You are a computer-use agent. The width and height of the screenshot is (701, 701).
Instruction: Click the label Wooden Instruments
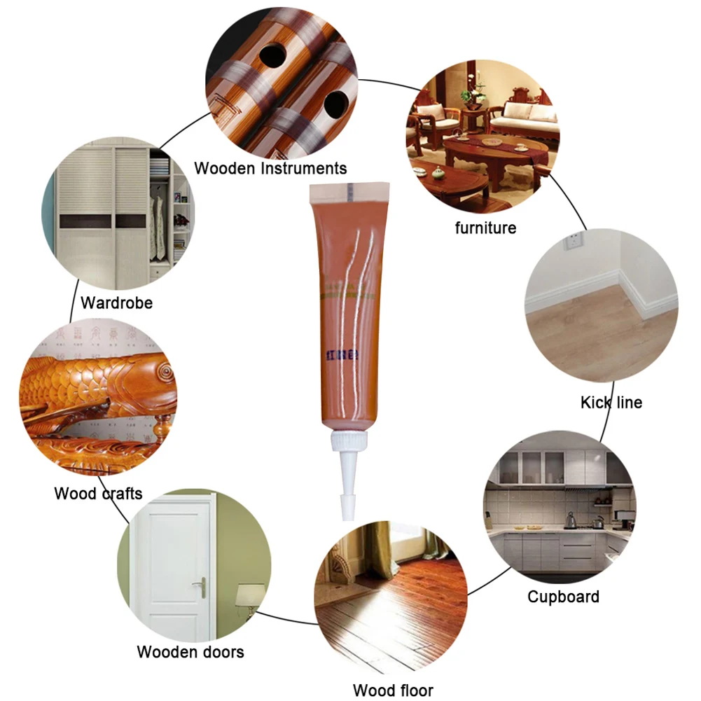(270, 168)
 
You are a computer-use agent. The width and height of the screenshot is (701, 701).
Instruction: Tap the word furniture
(485, 228)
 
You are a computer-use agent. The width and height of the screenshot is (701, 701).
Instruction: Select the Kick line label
(611, 402)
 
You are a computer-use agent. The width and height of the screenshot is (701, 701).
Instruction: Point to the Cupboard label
(563, 597)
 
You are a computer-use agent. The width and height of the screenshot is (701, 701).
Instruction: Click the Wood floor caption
(393, 690)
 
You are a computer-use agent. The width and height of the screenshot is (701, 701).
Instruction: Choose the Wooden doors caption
(190, 652)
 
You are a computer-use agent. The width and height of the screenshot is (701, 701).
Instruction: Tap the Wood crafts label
(98, 493)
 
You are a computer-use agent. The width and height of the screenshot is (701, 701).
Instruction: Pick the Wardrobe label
(116, 303)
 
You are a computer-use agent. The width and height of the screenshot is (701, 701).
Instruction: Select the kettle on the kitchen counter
(571, 519)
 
